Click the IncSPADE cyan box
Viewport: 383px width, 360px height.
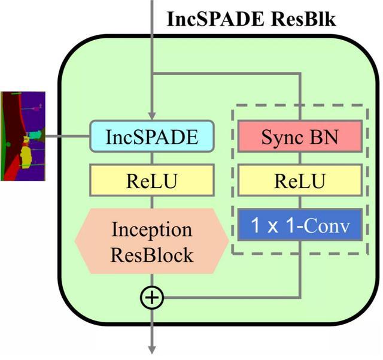click(152, 136)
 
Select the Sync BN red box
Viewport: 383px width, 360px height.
click(300, 136)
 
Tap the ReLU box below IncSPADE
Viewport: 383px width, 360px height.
click(152, 180)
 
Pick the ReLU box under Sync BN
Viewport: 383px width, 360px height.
click(300, 180)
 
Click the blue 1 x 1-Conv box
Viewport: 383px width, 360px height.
click(300, 225)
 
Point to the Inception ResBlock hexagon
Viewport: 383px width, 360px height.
click(151, 241)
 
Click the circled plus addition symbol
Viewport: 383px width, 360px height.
click(152, 298)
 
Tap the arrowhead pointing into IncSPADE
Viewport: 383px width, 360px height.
click(152, 116)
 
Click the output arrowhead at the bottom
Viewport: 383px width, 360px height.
click(152, 350)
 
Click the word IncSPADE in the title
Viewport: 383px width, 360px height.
click(215, 19)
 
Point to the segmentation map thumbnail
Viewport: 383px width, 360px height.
click(23, 136)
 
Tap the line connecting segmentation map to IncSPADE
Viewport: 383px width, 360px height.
click(68, 136)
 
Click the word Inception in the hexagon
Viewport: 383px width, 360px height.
click(152, 229)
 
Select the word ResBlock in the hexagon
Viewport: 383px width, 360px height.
click(152, 255)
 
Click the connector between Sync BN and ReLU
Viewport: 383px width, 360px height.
click(300, 158)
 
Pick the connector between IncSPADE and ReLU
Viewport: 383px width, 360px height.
click(152, 158)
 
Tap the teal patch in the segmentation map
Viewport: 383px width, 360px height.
click(35, 135)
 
